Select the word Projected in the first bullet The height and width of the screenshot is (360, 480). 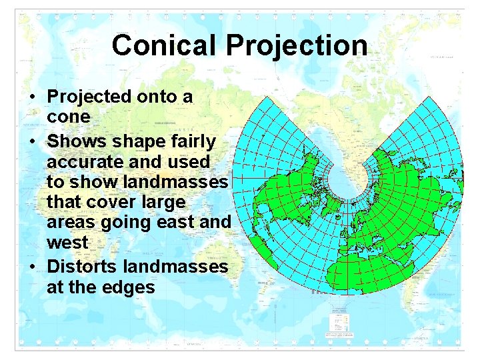[89, 97]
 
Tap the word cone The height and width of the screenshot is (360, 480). [68, 117]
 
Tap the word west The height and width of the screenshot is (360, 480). [67, 242]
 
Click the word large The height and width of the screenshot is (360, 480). [162, 202]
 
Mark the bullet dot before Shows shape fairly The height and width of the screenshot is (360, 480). [32, 142]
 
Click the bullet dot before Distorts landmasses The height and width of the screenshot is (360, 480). [32, 267]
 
